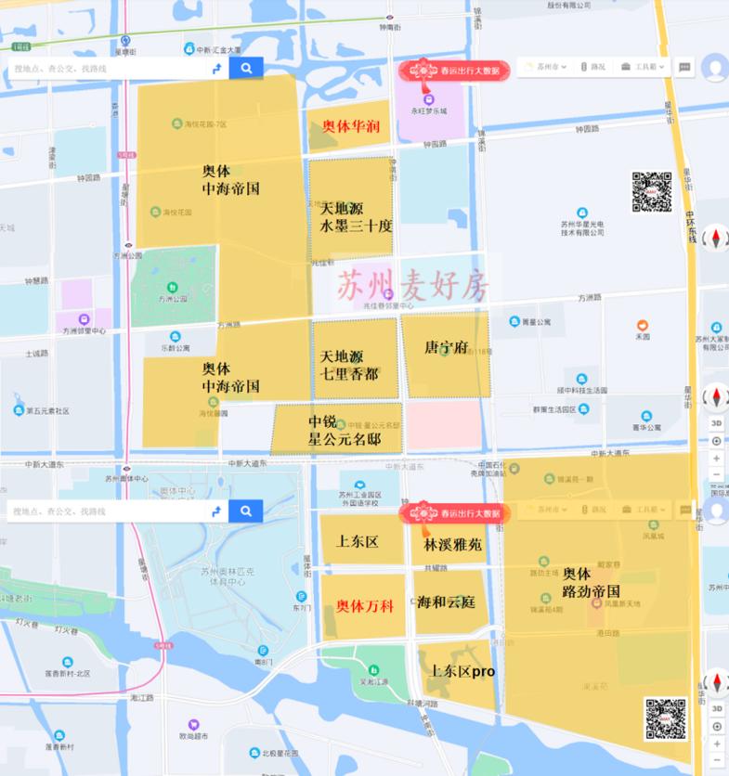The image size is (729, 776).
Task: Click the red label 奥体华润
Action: coord(349,127)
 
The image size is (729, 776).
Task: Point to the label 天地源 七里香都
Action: coord(355,365)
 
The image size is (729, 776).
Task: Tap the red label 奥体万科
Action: coord(364,605)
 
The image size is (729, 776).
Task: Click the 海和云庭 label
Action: coord(446,601)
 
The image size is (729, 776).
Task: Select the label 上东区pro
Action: coord(462,670)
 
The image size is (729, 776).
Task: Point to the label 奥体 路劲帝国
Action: coord(591,582)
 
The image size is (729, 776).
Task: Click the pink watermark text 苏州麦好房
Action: coord(411,285)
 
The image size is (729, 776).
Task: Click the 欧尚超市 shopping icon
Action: coord(194,722)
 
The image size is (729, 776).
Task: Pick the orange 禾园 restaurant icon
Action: coord(642,326)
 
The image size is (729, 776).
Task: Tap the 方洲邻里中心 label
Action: coord(84,330)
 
